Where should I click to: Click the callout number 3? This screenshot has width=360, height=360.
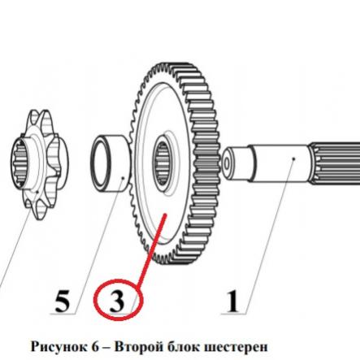(x=117, y=301)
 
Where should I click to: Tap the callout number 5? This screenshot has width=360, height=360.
(x=62, y=301)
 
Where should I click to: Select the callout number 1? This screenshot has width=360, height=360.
(x=233, y=301)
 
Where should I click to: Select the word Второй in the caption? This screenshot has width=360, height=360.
(x=137, y=347)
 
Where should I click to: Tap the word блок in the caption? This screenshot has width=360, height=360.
(x=180, y=347)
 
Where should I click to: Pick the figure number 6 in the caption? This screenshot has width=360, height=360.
(x=94, y=347)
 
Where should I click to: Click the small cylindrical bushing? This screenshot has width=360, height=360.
(x=111, y=163)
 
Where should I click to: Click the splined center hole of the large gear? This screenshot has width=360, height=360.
(x=161, y=164)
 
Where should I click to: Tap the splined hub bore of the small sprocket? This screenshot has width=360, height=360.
(x=23, y=163)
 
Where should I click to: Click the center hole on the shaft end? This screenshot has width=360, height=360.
(x=226, y=163)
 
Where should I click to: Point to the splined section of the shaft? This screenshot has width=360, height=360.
(x=335, y=163)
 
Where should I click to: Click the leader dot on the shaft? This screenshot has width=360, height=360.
(x=293, y=158)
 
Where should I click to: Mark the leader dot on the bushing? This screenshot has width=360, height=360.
(x=123, y=178)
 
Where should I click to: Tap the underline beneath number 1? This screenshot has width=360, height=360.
(x=233, y=314)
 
